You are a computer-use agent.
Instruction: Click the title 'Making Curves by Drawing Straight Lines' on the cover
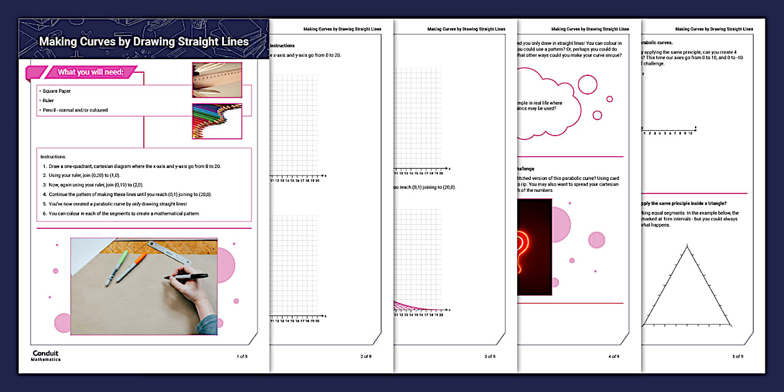[x=144, y=42]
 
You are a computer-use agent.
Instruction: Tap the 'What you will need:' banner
[x=90, y=72]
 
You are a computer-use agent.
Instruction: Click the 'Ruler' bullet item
[x=49, y=100]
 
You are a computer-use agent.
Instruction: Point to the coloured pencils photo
[x=217, y=121]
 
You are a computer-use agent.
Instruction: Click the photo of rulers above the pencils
[x=217, y=80]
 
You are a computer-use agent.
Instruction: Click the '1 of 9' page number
[x=242, y=356]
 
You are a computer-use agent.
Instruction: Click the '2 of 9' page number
[x=366, y=356]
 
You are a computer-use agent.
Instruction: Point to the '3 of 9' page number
[x=490, y=356]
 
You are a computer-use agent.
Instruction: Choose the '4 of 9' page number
[x=614, y=356]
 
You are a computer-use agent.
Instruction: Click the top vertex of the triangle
[x=688, y=246]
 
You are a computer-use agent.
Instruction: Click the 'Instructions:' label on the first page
[x=54, y=157]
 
